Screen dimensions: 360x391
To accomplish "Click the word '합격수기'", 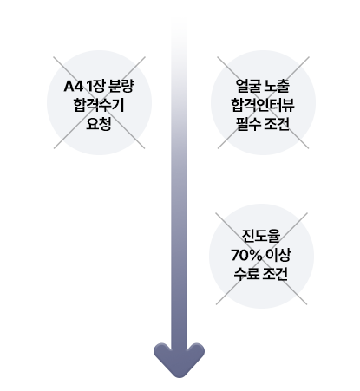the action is [99, 105].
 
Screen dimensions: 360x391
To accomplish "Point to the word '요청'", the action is [99, 124].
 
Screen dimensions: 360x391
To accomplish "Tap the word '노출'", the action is [278, 86].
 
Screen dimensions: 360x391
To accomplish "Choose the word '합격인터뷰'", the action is [263, 105].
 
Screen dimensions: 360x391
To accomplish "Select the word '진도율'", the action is [261, 236].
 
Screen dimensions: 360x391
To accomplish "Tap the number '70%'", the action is [246, 255].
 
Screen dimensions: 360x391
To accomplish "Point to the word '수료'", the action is [246, 274].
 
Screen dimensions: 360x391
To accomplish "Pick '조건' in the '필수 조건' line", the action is [278, 124].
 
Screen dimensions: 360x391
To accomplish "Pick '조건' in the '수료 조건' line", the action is [275, 274].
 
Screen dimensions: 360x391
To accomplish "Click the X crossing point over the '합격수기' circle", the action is [99, 102].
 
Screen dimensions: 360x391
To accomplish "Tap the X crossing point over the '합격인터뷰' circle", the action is [263, 102].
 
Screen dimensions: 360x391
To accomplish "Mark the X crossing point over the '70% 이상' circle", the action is [261, 258].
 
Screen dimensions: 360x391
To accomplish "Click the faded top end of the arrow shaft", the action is [179, 19].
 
